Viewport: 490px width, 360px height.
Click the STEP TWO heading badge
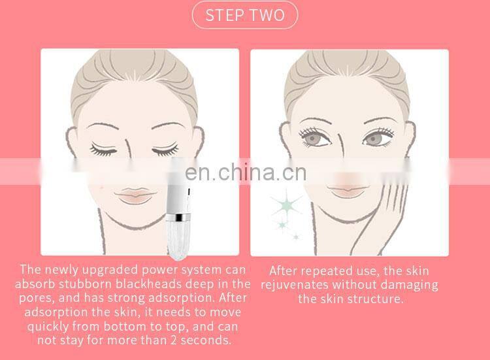pos(244,15)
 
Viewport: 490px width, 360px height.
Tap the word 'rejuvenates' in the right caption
pos(298,285)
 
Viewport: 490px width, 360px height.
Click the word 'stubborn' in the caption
pos(86,284)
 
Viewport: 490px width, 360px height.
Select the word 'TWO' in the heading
pos(268,15)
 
